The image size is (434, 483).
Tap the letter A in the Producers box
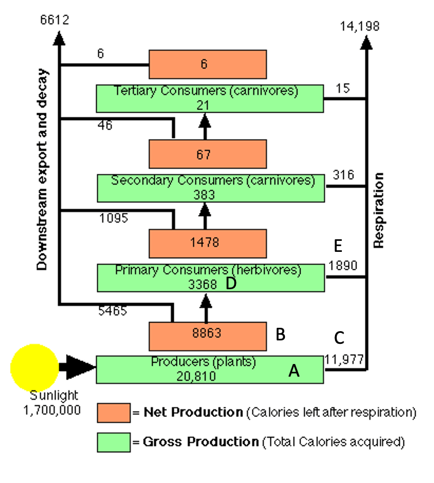click(x=294, y=372)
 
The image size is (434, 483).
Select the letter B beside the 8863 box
click(x=280, y=334)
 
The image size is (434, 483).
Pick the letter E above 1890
click(x=338, y=246)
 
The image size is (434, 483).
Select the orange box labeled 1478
click(x=208, y=243)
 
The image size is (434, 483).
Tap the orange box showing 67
click(x=208, y=155)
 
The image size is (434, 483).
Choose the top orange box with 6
click(x=208, y=64)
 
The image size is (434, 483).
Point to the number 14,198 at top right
click(x=360, y=25)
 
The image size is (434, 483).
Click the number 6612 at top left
click(x=55, y=20)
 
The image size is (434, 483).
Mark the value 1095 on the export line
click(x=113, y=218)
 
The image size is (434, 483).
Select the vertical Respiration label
click(x=378, y=210)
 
